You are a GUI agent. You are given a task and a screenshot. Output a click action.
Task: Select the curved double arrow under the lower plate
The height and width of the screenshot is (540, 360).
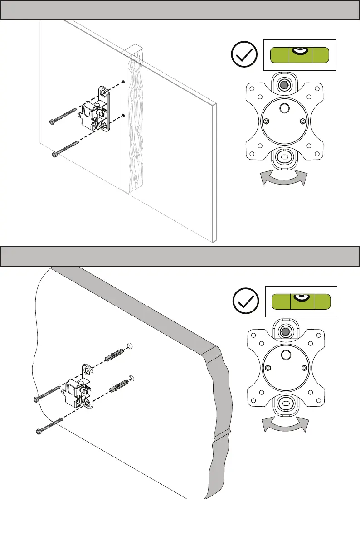[x=285, y=425]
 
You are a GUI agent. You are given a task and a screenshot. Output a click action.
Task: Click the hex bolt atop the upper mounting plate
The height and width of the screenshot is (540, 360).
[x=285, y=84]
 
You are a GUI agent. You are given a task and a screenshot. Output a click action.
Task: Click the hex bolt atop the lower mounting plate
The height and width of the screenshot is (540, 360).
[x=285, y=331]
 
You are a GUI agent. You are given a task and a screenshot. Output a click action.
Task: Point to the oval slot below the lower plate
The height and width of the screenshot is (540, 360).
[x=285, y=402]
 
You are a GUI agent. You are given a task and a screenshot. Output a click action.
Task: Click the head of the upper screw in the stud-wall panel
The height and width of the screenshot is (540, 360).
[x=52, y=122]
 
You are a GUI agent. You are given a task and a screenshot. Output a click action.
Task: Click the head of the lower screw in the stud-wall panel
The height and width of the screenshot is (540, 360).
[x=55, y=154]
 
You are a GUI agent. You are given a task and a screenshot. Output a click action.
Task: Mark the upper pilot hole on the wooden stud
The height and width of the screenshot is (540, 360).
[x=123, y=82]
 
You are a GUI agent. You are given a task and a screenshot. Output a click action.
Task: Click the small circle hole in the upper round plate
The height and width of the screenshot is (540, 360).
[x=284, y=108]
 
